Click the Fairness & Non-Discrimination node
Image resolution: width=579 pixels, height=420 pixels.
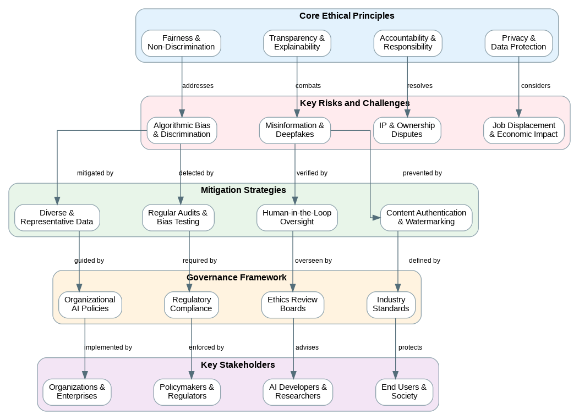tap(181, 43)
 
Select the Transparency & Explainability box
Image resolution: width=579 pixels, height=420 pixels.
tap(297, 43)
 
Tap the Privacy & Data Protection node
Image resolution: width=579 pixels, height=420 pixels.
tap(518, 43)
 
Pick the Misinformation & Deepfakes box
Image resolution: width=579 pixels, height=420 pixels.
tap(294, 130)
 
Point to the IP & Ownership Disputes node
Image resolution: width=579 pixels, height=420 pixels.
tap(407, 130)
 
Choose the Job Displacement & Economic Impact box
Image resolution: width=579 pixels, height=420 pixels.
tap(523, 130)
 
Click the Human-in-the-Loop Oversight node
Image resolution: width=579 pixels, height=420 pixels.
tap(297, 218)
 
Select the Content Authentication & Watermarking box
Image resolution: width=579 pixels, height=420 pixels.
tap(426, 218)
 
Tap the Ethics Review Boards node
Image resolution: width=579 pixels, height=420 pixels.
tap(292, 305)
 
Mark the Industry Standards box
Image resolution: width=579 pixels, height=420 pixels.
tap(391, 305)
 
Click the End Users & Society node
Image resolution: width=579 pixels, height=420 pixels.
tap(404, 392)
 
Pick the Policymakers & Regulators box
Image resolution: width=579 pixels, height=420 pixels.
tap(187, 392)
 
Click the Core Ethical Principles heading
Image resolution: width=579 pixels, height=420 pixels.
tap(347, 16)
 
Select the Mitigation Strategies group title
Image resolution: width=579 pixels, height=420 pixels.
tap(243, 190)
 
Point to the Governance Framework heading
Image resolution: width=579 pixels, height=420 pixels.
tap(237, 278)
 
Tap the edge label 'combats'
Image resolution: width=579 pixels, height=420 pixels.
tap(308, 86)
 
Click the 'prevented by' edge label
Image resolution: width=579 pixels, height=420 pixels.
tap(422, 173)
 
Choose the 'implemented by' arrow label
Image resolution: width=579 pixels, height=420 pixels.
tap(108, 347)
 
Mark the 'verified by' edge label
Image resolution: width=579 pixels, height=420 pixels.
tap(312, 173)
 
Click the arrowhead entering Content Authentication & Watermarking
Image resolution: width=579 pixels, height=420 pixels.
tap(377, 218)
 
